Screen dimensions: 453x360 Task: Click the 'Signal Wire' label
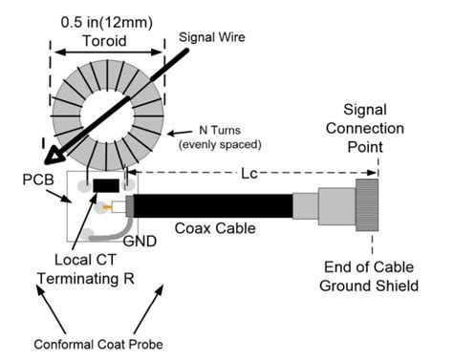pos(212,37)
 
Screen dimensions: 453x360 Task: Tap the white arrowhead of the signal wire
pos(54,157)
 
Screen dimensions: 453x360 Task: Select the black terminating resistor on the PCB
pos(106,185)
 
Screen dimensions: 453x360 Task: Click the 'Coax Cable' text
pos(215,228)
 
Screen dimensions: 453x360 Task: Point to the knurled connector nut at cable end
pos(367,205)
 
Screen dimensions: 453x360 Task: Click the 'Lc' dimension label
pos(249,174)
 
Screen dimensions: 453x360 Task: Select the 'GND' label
pos(140,242)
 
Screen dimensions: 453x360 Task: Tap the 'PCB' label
pos(38,180)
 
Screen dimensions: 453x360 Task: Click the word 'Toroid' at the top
pos(105,41)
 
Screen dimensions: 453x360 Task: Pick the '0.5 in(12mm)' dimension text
pos(107,23)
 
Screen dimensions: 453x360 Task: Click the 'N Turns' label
pos(220,130)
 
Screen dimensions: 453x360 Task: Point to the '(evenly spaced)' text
pos(220,145)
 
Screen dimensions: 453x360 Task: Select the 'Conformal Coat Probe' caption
pos(98,345)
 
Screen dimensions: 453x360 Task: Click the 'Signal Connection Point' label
pos(365,128)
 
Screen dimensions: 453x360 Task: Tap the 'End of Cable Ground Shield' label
pos(369,276)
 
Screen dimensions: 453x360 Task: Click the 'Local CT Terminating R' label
pos(86,269)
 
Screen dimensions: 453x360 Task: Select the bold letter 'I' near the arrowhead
pos(43,144)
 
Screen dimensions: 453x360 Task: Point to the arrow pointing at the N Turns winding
pos(180,133)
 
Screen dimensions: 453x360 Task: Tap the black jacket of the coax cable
pos(213,206)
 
